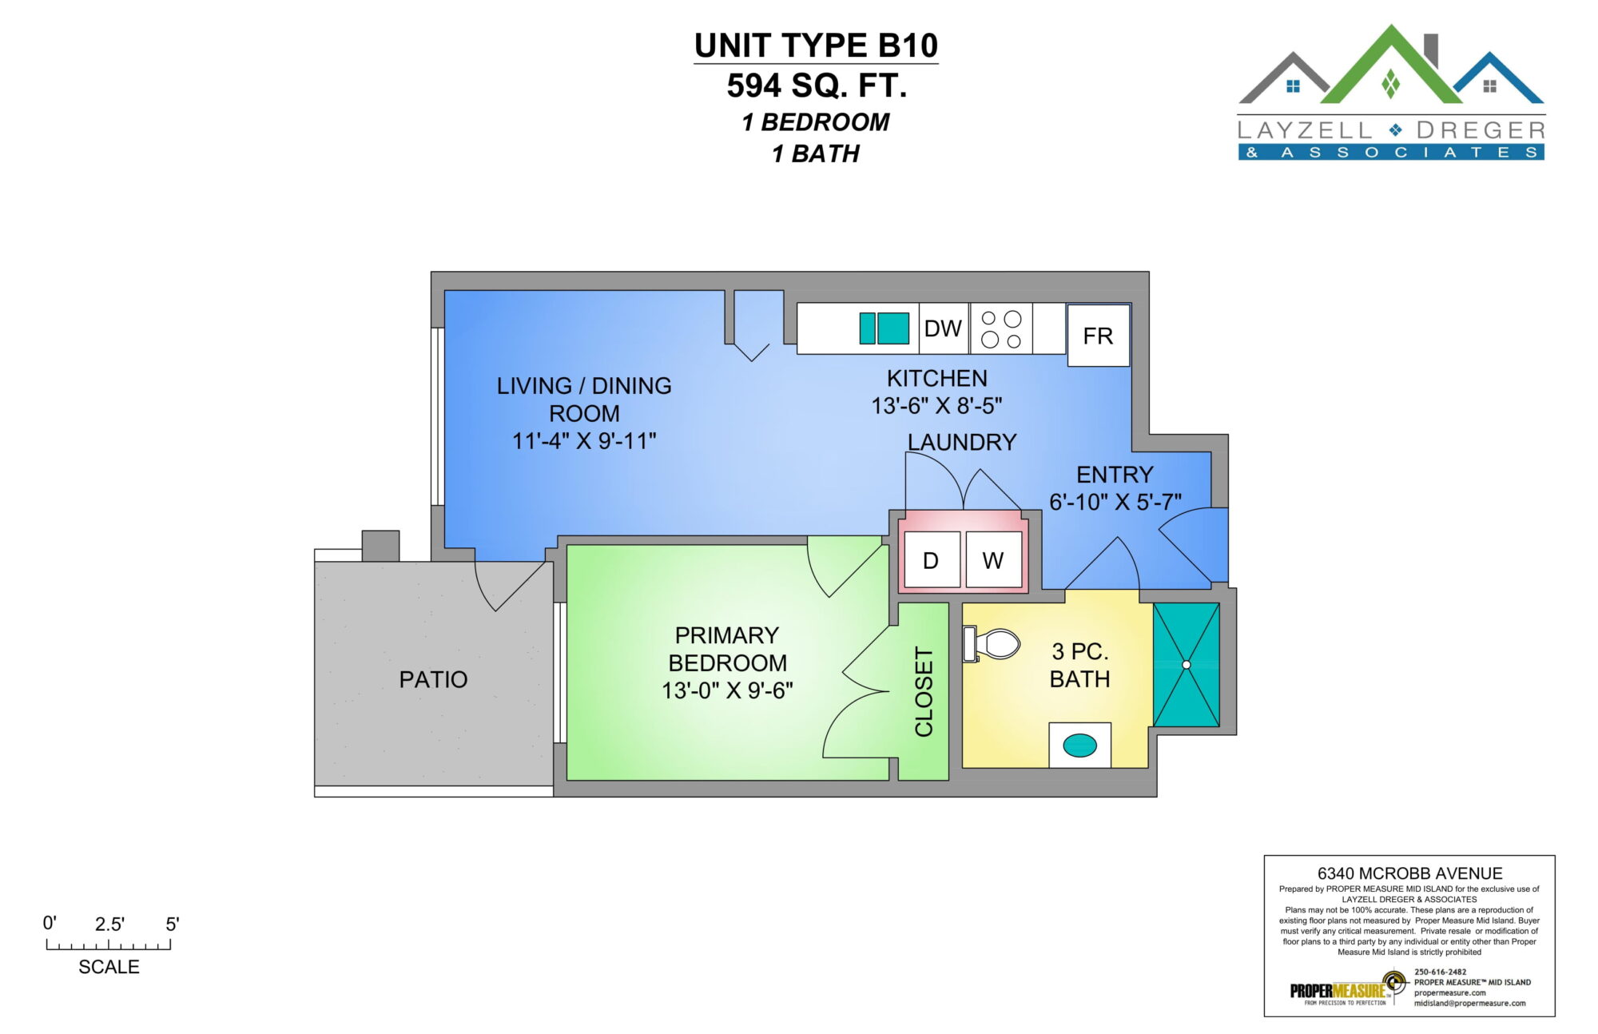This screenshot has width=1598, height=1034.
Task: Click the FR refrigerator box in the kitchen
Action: (x=1099, y=335)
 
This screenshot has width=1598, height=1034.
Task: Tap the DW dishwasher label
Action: (x=943, y=328)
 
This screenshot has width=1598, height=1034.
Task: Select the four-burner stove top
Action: (x=1001, y=328)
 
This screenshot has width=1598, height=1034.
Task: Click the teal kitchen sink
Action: (x=884, y=328)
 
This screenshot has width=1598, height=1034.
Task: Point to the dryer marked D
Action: (x=930, y=560)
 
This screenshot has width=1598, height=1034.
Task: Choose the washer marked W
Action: (x=993, y=560)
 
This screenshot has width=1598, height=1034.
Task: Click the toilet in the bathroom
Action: (x=992, y=643)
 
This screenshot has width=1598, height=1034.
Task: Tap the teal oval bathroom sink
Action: (x=1079, y=746)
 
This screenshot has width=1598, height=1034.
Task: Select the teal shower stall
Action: (x=1187, y=665)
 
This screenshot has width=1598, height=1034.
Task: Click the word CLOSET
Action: (x=924, y=691)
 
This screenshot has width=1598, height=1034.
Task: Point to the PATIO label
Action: (x=433, y=679)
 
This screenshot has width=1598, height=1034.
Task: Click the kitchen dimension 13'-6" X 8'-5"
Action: (x=936, y=406)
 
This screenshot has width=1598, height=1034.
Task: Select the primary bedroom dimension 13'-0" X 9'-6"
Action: (x=727, y=690)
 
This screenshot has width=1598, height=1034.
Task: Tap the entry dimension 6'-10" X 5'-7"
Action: (x=1115, y=502)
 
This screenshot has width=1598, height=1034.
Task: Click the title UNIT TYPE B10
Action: (x=816, y=46)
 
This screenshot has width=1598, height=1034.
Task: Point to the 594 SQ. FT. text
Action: (x=817, y=86)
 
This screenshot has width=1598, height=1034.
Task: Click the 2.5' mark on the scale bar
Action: (x=109, y=925)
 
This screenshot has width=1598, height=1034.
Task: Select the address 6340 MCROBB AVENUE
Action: (x=1410, y=873)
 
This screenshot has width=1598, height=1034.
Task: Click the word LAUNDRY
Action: (x=962, y=442)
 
